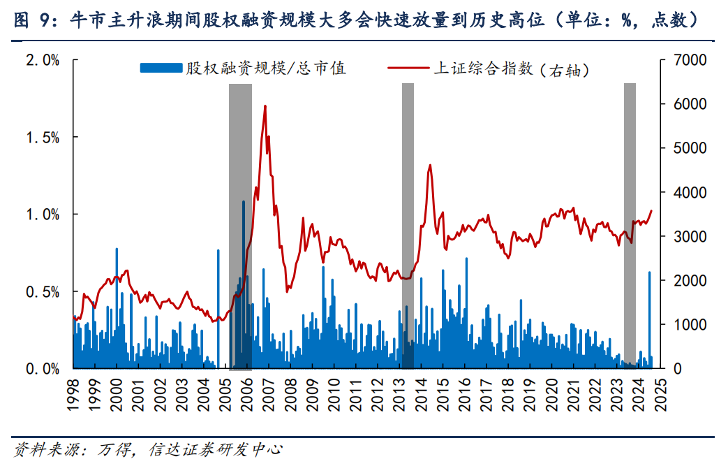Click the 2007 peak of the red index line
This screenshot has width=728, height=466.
[x=265, y=107]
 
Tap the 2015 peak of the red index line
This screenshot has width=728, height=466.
[x=429, y=166]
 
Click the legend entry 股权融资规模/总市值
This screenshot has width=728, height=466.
[x=244, y=68]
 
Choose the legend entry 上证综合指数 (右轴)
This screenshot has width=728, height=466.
[x=489, y=68]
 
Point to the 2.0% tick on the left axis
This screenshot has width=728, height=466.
[x=43, y=60]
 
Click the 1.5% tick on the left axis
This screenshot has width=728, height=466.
[x=43, y=138]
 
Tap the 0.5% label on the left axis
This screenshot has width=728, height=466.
[x=43, y=291]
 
